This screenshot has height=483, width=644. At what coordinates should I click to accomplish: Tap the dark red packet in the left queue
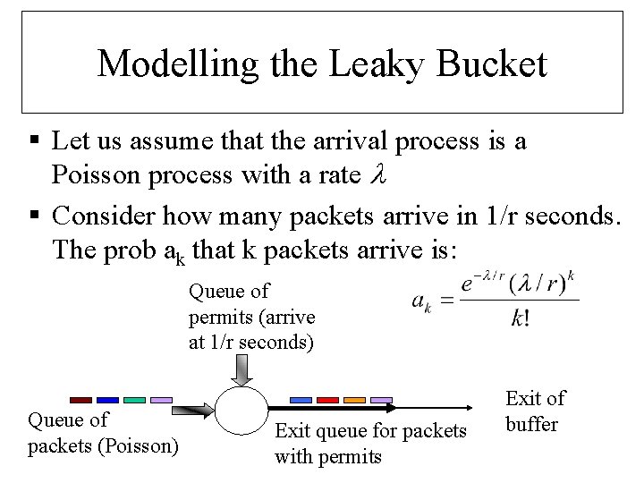point(81,399)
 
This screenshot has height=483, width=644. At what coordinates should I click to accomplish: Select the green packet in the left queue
point(134,399)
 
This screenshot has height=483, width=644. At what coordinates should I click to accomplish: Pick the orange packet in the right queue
point(355,399)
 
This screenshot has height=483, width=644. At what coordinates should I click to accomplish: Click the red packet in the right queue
point(328,399)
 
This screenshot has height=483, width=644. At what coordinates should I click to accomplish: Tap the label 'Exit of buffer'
point(534,411)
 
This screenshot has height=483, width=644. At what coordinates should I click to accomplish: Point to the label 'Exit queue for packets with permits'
point(370,444)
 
